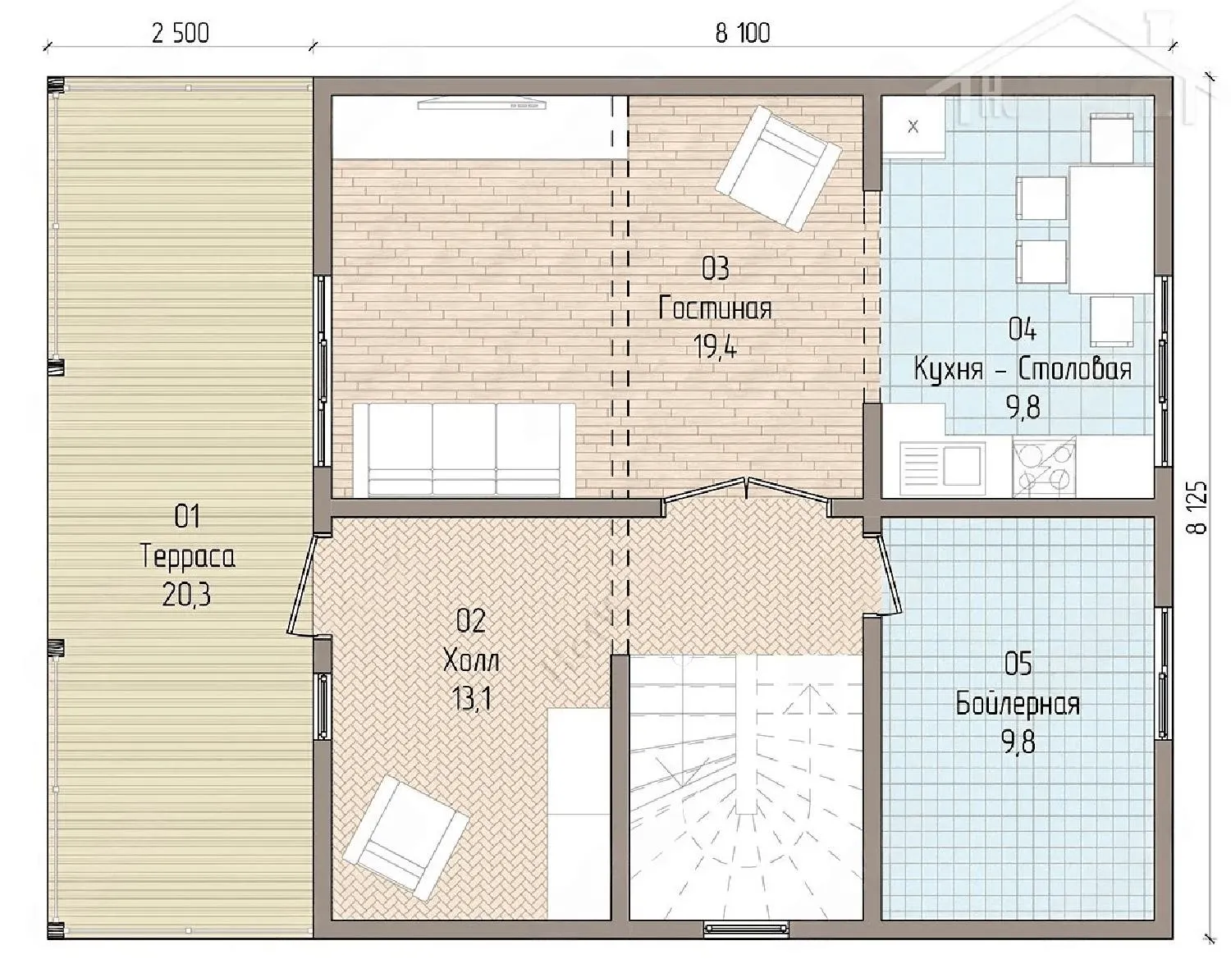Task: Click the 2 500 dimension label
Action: click(181, 34)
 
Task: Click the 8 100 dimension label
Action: click(743, 34)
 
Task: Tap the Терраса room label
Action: click(187, 556)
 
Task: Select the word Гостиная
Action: click(716, 309)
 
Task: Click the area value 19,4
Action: click(716, 347)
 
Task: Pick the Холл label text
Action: click(471, 661)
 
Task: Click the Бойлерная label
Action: click(1018, 704)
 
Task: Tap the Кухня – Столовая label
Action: click(1023, 369)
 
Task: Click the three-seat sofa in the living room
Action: click(464, 450)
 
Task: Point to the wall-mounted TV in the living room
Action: click(482, 104)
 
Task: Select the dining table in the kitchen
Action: click(1111, 229)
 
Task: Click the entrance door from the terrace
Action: click(302, 585)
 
